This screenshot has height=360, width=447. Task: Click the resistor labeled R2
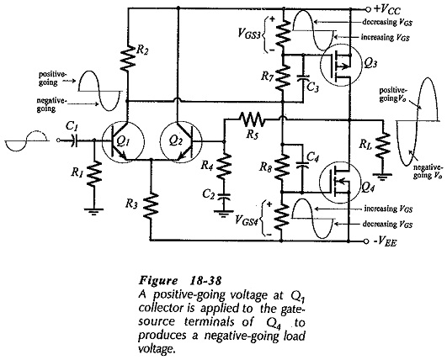coord(128,58)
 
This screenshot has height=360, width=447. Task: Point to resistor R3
coord(151,205)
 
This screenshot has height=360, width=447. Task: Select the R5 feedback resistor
coord(252,119)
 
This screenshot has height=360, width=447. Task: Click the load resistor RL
coord(382,146)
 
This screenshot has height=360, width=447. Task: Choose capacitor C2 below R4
coord(224,196)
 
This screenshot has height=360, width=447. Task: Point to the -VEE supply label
coord(385,241)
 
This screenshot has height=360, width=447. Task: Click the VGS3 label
coord(248,34)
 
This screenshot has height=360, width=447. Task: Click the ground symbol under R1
coord(93,212)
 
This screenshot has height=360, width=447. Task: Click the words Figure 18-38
coord(180,281)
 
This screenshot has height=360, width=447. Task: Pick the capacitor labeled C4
coord(302,165)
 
